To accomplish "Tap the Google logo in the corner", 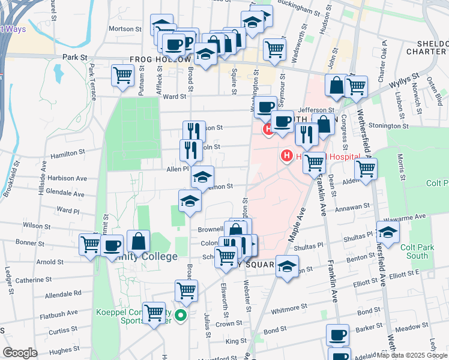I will point(20,353).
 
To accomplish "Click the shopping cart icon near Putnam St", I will point(123,76).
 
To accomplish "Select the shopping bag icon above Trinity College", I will point(138,241).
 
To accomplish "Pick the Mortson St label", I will point(125,29).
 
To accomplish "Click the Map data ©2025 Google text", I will point(411,355).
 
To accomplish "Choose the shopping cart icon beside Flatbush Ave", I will point(155,312).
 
